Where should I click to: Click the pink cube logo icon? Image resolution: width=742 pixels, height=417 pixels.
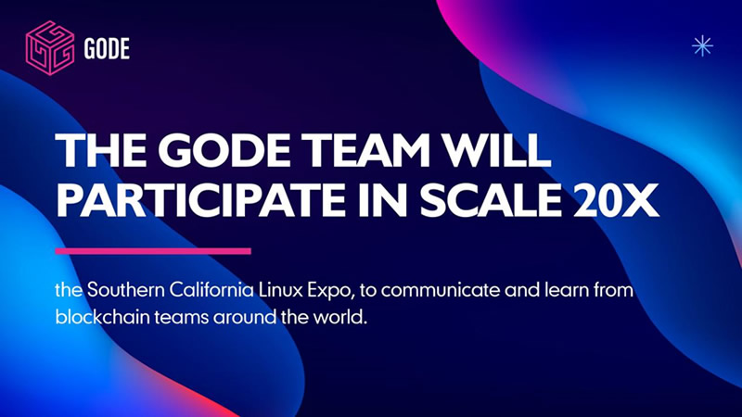click(50, 48)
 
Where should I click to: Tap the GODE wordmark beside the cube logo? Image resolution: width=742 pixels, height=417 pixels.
click(107, 49)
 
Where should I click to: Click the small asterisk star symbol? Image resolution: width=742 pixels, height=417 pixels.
click(702, 45)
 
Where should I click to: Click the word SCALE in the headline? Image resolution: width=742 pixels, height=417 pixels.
click(491, 200)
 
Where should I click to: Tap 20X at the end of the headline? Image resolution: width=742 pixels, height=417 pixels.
click(617, 200)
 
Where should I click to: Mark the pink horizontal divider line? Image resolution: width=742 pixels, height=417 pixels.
click(153, 251)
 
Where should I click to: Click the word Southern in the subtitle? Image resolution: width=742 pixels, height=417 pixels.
click(125, 289)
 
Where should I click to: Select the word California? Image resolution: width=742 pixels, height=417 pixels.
click(211, 289)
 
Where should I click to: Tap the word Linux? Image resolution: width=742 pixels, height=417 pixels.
click(280, 289)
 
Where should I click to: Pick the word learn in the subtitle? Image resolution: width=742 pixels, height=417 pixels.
click(565, 289)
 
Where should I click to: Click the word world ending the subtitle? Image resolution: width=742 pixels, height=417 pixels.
click(339, 316)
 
